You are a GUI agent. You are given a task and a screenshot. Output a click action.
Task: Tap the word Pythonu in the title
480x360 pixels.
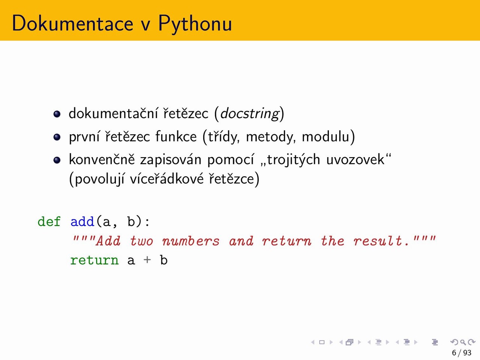195,24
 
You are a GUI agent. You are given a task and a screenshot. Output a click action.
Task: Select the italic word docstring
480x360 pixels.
250,114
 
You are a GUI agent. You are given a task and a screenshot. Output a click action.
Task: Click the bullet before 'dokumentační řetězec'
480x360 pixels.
57,114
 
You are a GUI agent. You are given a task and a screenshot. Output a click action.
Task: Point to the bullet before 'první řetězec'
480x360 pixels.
57,137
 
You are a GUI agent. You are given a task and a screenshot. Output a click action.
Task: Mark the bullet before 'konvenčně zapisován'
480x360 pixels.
57,160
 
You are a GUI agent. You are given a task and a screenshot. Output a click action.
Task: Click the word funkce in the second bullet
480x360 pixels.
176,136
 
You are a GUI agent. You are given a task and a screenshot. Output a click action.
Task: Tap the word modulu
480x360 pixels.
325,136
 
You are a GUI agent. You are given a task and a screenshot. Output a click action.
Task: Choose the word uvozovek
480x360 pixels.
355,159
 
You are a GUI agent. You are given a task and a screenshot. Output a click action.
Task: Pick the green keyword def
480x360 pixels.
49,221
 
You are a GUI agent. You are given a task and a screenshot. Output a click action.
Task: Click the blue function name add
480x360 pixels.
82,221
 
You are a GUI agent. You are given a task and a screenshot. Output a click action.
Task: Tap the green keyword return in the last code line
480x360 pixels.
94,260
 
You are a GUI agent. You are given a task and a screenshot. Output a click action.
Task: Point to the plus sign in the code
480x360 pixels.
147,259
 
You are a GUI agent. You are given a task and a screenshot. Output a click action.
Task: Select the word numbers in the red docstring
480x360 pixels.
191,241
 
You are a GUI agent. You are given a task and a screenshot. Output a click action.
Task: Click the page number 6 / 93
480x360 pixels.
462,352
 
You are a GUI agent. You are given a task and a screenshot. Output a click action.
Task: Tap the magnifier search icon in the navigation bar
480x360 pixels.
463,342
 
